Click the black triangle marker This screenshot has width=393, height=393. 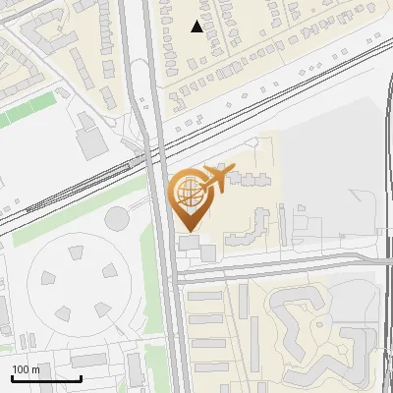(x=197, y=27)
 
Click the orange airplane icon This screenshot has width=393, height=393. (x=217, y=179)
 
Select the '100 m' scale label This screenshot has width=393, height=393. (x=27, y=369)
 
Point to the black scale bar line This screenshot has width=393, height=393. (x=46, y=378)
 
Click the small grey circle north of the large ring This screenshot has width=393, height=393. (x=118, y=216)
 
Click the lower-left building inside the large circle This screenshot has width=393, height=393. (x=61, y=313)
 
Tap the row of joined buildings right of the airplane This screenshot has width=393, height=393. (x=250, y=180)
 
